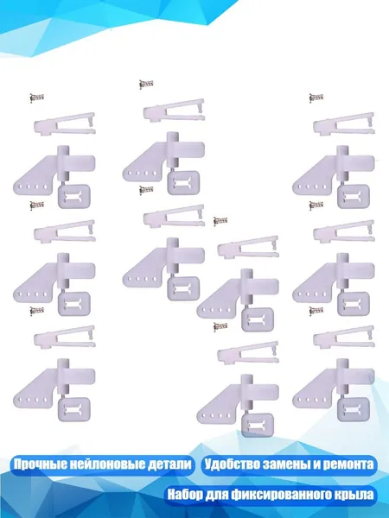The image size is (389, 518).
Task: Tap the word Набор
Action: point(185,495)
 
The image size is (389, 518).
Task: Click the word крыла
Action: point(355,495)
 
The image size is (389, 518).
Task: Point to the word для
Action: point(215,496)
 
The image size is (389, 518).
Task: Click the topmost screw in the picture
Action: point(146,84)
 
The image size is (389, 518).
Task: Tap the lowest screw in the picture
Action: point(220,326)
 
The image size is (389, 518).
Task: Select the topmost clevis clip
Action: point(174,111)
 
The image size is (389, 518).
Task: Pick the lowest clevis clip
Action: point(248,353)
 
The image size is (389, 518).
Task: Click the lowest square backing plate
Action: point(258,425)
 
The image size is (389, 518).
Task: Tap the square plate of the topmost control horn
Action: point(183,183)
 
